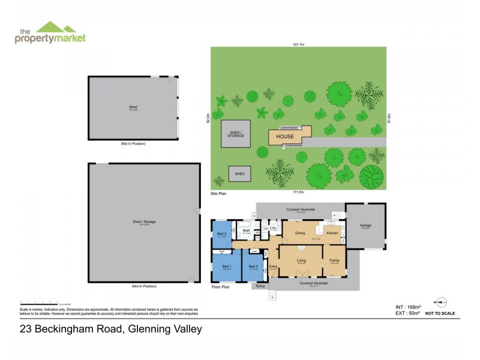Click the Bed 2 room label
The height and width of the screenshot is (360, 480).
click(221, 233)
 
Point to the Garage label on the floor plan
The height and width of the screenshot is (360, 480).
click(365, 226)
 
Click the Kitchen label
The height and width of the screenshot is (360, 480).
click(332, 232)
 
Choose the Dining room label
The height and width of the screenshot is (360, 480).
click(300, 232)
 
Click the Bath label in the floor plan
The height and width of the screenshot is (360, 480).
click(246, 230)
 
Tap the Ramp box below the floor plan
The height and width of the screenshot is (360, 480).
click(260, 286)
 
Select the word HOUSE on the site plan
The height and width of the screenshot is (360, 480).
click(285, 137)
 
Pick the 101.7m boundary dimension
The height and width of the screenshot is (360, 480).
click(299, 44)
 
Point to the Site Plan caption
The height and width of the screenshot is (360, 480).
click(218, 194)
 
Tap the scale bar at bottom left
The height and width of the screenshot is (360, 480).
click(40, 302)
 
